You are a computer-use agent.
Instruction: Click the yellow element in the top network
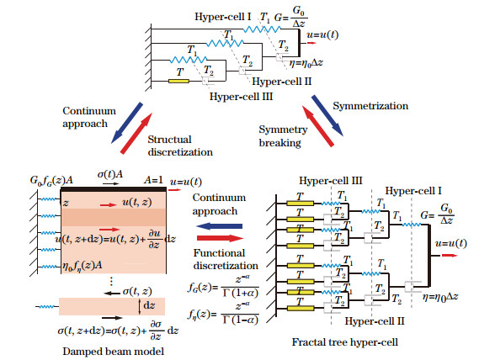pos(178,82)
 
